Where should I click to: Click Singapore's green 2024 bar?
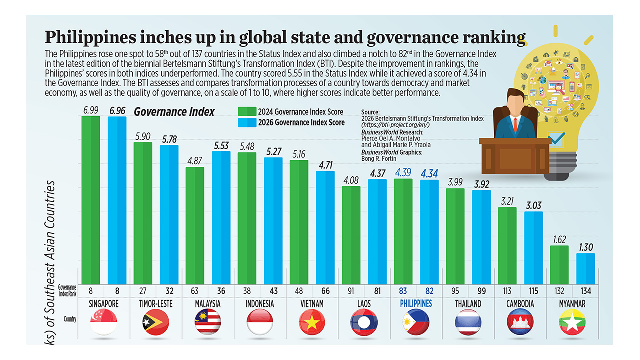(91, 200)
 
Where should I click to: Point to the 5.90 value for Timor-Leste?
(143, 136)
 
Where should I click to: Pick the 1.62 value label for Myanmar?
(559, 239)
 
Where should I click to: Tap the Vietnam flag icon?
(312, 322)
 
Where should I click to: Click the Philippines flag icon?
(416, 322)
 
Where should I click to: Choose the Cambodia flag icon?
(520, 322)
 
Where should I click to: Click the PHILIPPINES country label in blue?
(416, 303)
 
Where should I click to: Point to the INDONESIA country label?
(260, 303)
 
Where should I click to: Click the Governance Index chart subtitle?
(174, 112)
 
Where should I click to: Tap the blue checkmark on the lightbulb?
(556, 136)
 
